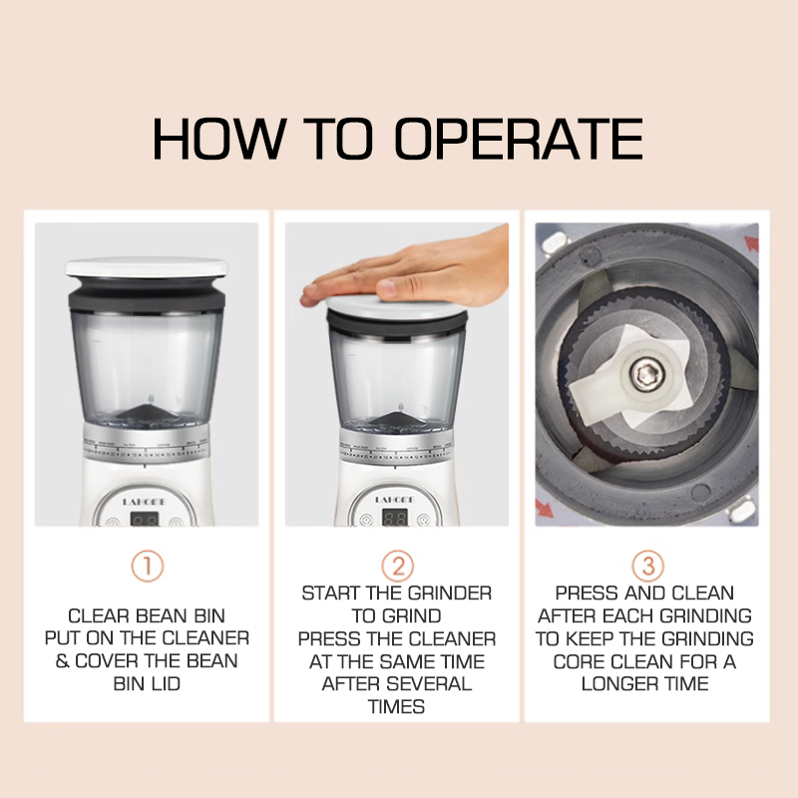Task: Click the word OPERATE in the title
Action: tap(519, 139)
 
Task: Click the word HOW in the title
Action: tap(218, 139)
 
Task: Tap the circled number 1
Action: tap(147, 566)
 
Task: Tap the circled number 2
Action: tap(397, 566)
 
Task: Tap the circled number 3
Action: tap(647, 566)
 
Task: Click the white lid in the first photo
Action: tap(147, 267)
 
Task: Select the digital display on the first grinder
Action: tap(145, 519)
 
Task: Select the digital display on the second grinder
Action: tap(395, 519)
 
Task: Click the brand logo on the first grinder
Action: tap(145, 502)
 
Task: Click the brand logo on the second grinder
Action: tap(395, 500)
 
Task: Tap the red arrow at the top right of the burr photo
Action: tap(751, 243)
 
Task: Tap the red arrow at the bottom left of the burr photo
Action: tap(544, 509)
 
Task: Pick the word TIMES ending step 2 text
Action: tap(396, 707)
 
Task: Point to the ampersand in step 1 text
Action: tap(62, 661)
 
